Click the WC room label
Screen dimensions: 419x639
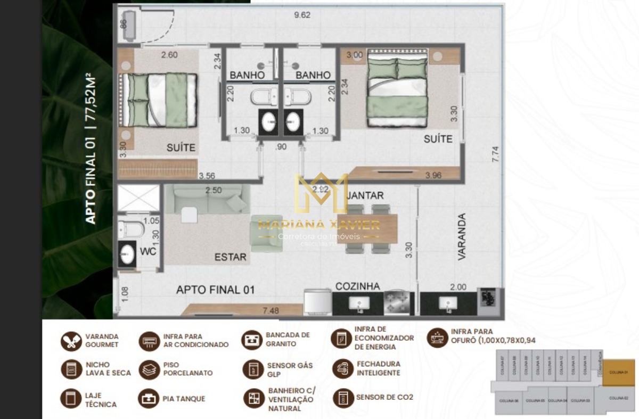[x=149, y=251]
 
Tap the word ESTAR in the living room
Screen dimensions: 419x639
[x=231, y=257]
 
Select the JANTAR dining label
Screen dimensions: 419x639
[x=365, y=196]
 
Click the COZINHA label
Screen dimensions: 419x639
[x=357, y=286]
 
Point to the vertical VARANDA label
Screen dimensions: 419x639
[x=462, y=236]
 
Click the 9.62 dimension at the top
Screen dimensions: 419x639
[x=302, y=15]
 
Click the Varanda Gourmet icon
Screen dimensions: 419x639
[x=71, y=341]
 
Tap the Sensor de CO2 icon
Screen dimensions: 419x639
[x=343, y=397]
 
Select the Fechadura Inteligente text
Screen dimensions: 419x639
[x=378, y=368]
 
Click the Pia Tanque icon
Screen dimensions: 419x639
[x=149, y=398]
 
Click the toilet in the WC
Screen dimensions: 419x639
[x=131, y=229]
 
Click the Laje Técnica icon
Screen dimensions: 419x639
[x=71, y=398]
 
